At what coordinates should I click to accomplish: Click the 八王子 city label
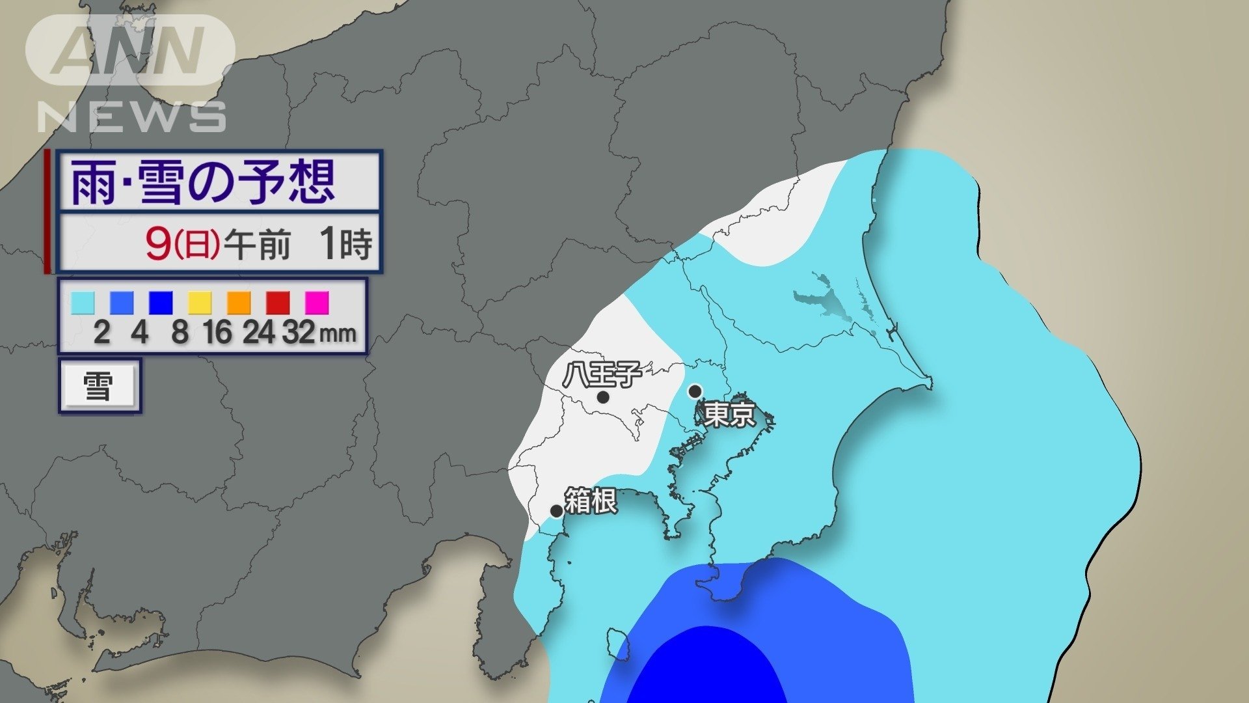coord(602,374)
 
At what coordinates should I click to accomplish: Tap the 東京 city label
coord(729,414)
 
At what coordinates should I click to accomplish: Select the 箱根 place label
coord(590,501)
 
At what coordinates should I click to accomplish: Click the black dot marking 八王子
coord(603,397)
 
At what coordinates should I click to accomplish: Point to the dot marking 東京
coord(695,391)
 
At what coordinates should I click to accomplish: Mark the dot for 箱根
coord(556,511)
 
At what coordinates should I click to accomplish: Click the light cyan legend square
coord(83,303)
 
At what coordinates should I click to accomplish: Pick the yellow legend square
coord(200,303)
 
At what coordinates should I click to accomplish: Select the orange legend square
coord(239,303)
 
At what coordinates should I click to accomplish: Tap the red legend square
coord(278,303)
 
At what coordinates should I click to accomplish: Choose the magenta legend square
coord(317,303)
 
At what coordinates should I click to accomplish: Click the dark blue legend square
coord(161,303)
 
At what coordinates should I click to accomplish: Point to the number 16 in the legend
coord(217,333)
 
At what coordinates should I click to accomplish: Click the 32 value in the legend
coord(299,333)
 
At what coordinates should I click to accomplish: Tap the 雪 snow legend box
coord(99,386)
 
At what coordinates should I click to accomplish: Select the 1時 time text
coord(345,245)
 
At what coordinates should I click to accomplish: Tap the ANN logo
coord(130,51)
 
